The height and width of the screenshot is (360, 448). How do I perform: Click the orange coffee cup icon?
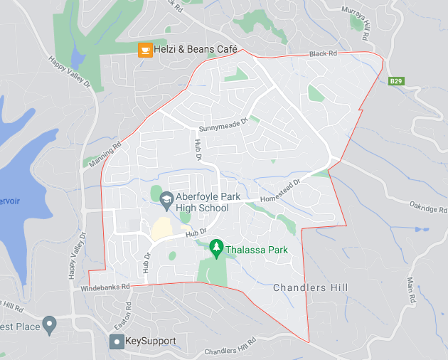[x=144, y=49]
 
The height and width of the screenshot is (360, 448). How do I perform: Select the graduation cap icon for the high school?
[x=166, y=198]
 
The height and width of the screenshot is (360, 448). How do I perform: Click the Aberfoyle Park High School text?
[x=203, y=202]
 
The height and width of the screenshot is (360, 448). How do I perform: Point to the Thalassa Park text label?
[x=257, y=250]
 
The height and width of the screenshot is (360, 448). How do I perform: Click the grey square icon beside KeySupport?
[x=116, y=342]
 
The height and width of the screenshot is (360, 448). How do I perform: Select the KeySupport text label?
[x=150, y=342]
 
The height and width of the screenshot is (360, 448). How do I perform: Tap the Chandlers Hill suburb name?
[x=311, y=287]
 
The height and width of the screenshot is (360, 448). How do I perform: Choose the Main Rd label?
[x=412, y=292]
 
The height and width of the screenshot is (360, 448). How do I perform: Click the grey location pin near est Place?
[x=49, y=326]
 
